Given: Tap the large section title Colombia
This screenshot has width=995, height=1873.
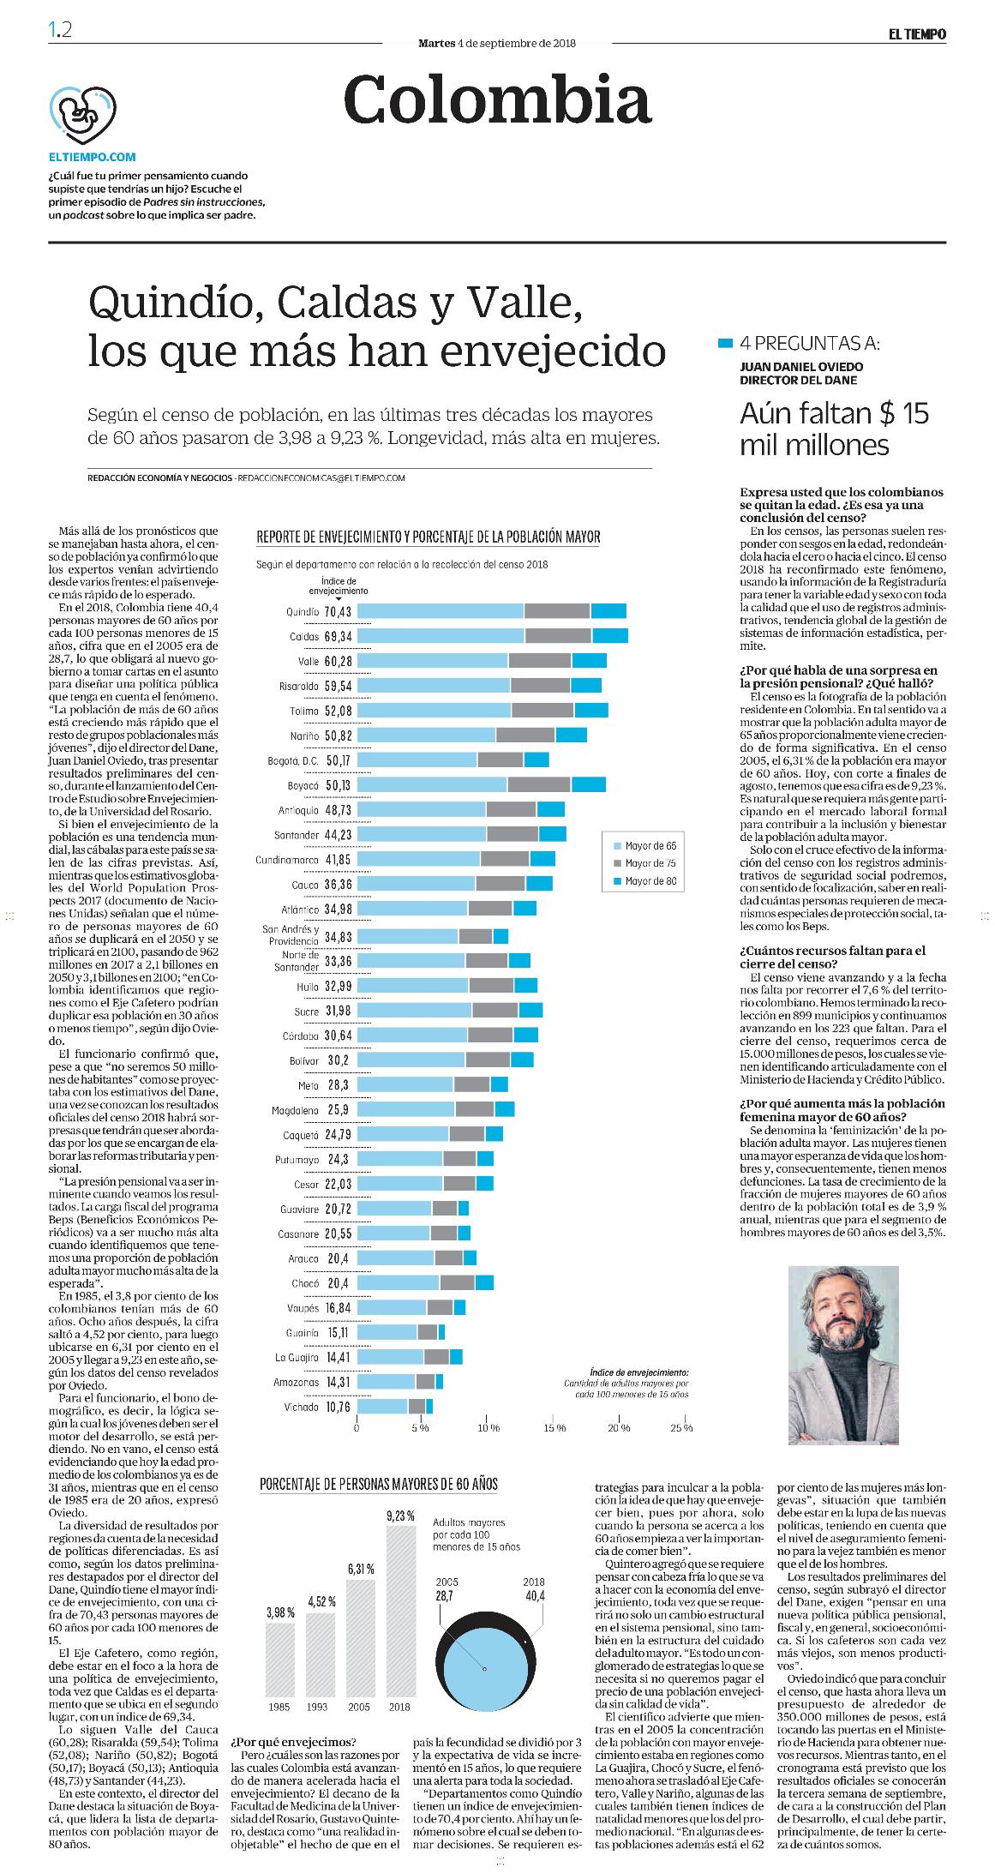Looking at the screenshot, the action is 497,100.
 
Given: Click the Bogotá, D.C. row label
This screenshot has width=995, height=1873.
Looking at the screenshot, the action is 292,760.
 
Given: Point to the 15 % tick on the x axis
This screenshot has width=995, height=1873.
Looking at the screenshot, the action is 554,1428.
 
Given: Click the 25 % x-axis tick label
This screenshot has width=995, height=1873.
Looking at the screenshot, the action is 682,1428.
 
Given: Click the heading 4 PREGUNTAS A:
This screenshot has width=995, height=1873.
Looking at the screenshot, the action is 811,344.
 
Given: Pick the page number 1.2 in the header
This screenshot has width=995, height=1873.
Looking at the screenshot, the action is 60,30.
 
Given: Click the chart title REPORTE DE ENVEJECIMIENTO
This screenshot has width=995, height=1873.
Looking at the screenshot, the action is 429,537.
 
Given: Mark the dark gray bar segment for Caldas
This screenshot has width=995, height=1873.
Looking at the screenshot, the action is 559,636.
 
